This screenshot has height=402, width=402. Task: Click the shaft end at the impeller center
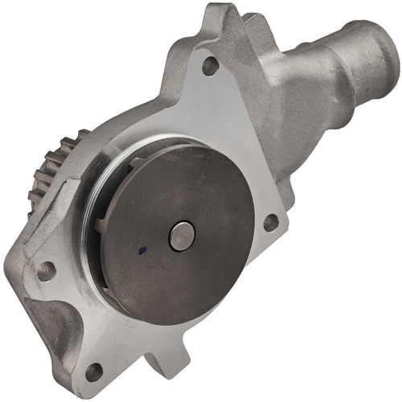(181, 236)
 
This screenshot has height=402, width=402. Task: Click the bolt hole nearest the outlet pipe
(210, 66)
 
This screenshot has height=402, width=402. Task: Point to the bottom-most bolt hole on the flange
(94, 371)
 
